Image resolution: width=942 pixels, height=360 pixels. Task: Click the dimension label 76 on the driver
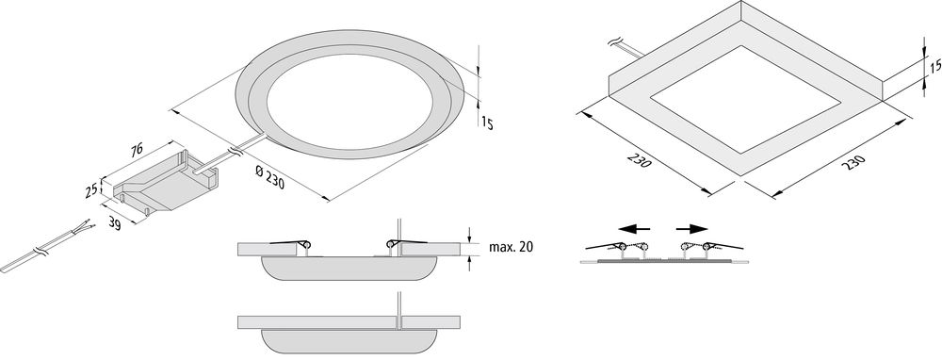coord(138,151)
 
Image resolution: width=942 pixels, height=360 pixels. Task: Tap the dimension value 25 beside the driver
coord(91,191)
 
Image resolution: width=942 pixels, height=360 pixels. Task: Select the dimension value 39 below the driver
coord(115,223)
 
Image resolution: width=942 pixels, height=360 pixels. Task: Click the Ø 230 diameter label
coord(269,177)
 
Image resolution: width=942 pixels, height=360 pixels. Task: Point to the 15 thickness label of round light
coord(487,123)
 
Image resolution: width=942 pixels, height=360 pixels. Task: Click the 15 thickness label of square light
coord(934,66)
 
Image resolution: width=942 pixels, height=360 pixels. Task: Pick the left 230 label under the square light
coord(639,160)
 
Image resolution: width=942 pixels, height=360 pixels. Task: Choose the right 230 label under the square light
coord(853,162)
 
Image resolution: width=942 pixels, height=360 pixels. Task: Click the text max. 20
coord(511,246)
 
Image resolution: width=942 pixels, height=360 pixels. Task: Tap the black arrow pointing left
coord(634,228)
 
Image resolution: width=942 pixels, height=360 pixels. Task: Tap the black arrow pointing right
coord(692,228)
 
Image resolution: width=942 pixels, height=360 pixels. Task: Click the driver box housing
coord(165,183)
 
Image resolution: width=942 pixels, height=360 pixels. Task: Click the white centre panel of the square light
coord(745,99)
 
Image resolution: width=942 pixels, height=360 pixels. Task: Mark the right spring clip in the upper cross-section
coord(407,243)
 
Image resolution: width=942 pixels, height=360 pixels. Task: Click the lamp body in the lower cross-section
coord(349,341)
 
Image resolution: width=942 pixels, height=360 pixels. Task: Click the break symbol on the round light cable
coord(235,151)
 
